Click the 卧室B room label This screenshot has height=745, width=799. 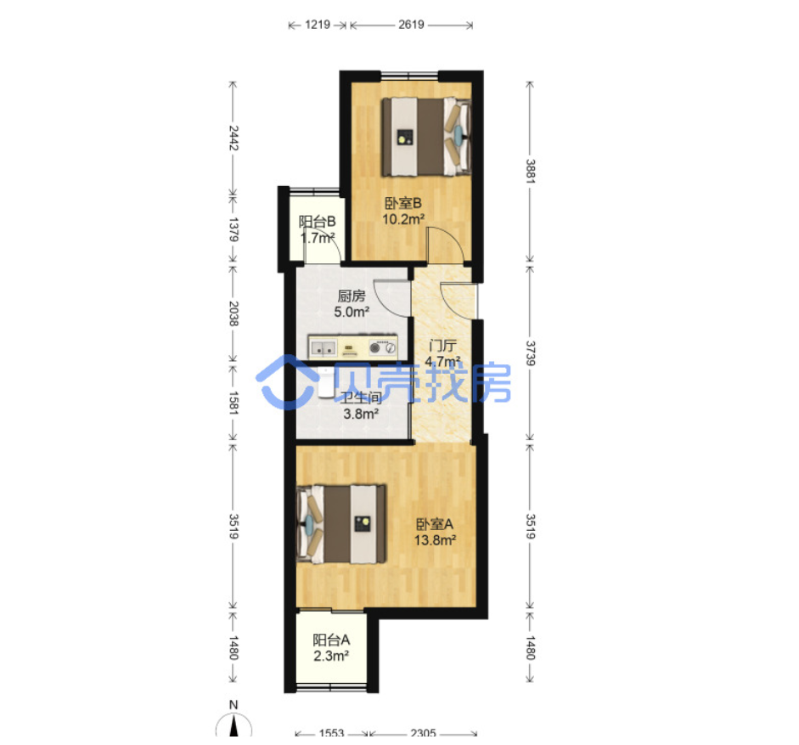[x=403, y=203]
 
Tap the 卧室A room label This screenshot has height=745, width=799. [x=435, y=523]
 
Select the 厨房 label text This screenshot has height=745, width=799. [x=352, y=296]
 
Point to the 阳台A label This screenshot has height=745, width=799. [x=331, y=640]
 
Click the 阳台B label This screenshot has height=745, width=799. [x=317, y=222]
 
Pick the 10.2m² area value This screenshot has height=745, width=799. [x=403, y=219]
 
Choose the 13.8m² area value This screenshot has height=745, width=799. [x=435, y=540]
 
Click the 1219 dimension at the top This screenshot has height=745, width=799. [x=318, y=25]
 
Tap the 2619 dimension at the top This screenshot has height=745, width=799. [x=411, y=25]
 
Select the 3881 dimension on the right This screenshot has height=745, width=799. [x=531, y=172]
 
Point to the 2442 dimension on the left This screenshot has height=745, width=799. [x=234, y=138]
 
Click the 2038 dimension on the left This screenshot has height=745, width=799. [x=234, y=313]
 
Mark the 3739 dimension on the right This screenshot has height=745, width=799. [x=531, y=353]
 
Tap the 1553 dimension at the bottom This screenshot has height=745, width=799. [x=332, y=733]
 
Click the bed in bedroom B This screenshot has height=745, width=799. [x=426, y=137]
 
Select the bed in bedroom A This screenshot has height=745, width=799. [x=340, y=524]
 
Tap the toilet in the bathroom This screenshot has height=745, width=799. [x=325, y=382]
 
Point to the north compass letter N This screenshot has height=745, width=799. [x=234, y=705]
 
